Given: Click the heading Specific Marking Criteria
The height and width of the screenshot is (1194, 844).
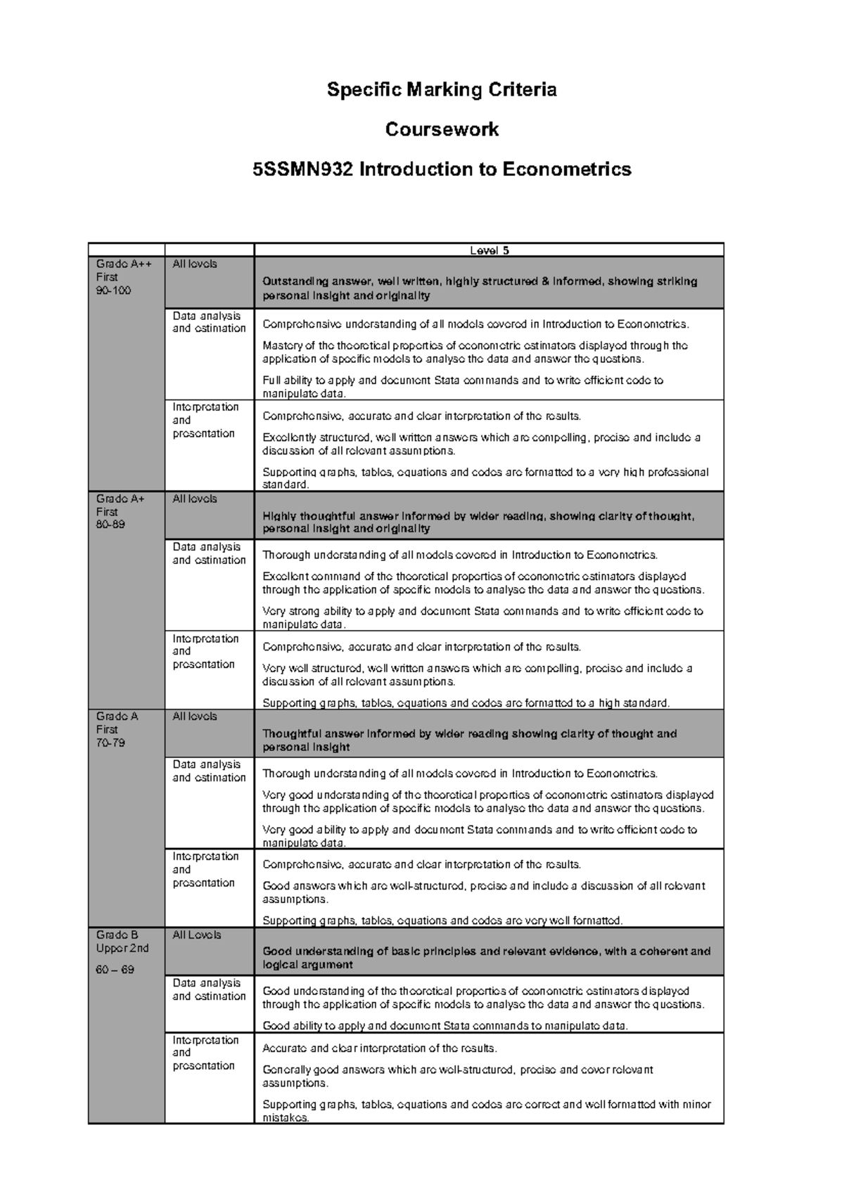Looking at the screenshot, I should (442, 90).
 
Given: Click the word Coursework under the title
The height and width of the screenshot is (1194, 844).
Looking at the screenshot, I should (442, 129).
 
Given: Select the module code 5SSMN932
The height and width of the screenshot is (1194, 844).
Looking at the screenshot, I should (303, 169).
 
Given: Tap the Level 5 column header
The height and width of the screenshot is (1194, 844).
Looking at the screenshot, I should (489, 250).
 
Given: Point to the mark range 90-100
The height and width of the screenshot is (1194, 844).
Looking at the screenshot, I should (113, 290).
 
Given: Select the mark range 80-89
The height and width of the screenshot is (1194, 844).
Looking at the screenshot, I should (110, 525).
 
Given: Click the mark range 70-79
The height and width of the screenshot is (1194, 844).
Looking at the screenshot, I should (110, 743).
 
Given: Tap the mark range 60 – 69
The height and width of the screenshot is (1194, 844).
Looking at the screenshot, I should (115, 970).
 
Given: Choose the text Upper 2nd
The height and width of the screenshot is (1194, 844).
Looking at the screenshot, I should (122, 949).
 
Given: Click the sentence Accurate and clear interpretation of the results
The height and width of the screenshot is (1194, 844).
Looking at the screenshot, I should (379, 1048).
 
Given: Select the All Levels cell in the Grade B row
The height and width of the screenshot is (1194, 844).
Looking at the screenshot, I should (197, 935).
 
